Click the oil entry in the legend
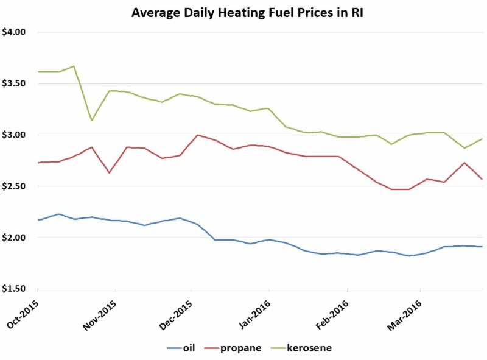click(185, 348)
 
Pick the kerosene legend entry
click(304, 348)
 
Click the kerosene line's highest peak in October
click(74, 66)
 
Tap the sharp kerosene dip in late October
click(91, 120)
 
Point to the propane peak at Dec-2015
click(198, 135)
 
